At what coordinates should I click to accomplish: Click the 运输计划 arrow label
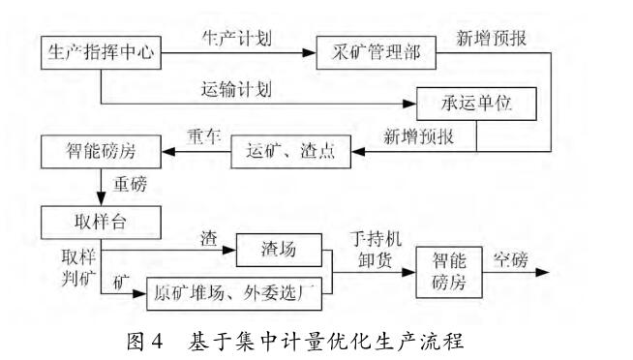[x=237, y=90]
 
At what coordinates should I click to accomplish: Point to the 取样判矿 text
[x=60, y=265]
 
